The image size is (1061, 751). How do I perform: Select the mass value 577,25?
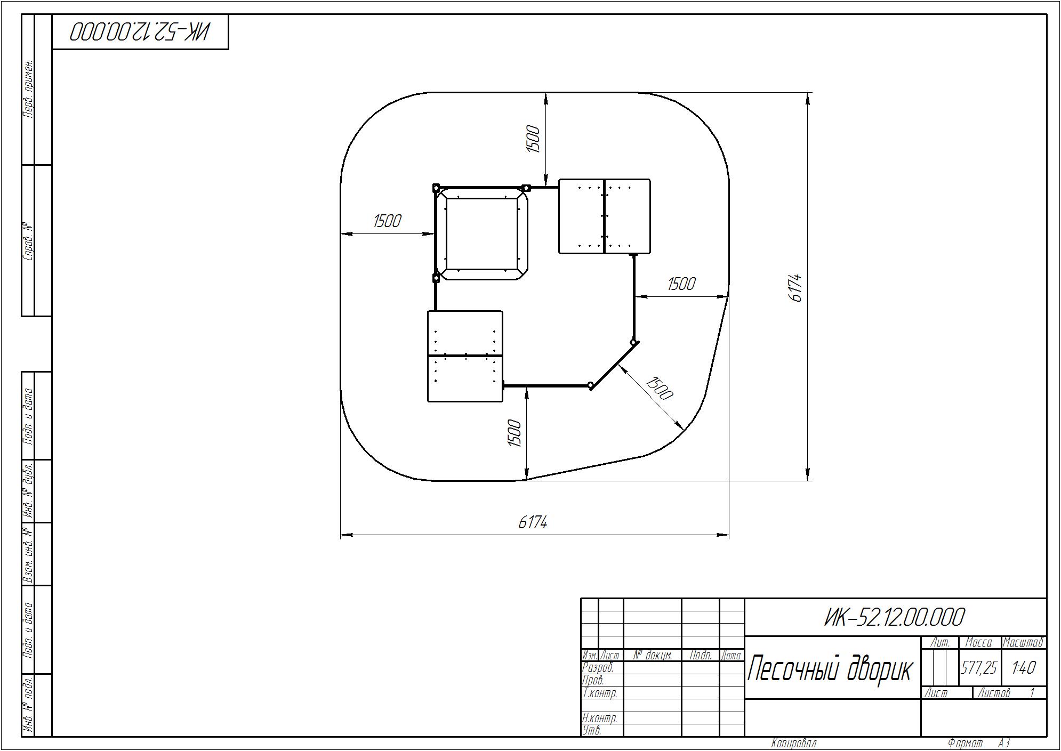click(979, 668)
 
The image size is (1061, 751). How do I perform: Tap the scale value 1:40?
click(1024, 668)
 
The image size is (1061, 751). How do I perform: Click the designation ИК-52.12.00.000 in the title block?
click(895, 617)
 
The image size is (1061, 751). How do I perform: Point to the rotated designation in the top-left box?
click(140, 32)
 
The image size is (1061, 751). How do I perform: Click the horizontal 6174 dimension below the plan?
click(533, 522)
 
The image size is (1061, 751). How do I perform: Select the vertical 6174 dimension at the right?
click(794, 288)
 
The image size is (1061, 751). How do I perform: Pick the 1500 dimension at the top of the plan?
click(533, 139)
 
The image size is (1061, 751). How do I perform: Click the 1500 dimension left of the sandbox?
click(387, 221)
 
